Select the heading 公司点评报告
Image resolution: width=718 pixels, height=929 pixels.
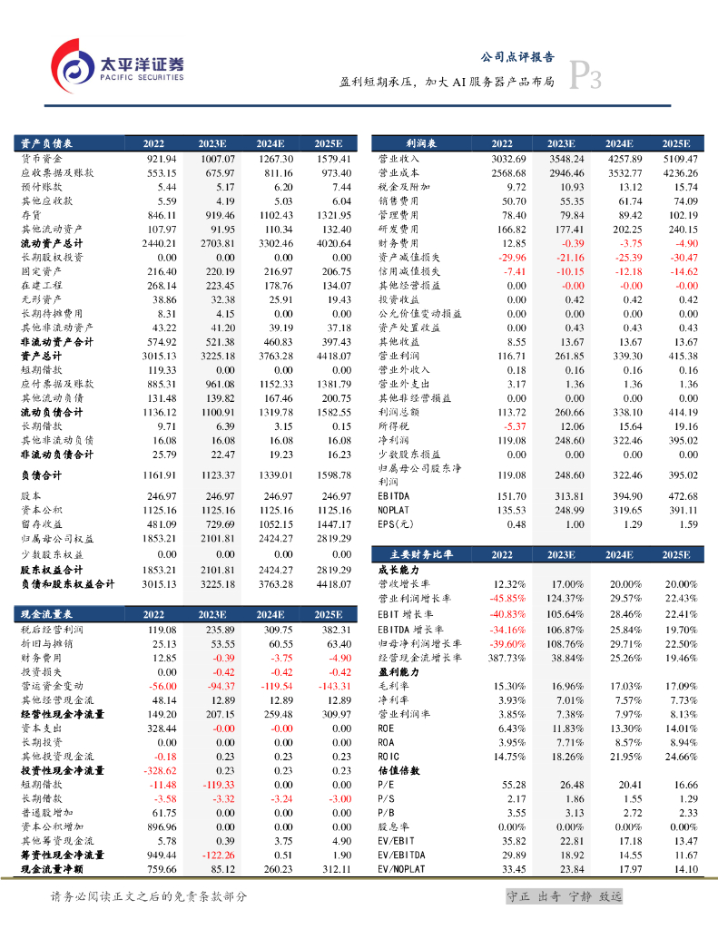point(516,56)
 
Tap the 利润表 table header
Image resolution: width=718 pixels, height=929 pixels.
point(420,143)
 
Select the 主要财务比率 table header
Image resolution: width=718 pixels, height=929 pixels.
point(419,553)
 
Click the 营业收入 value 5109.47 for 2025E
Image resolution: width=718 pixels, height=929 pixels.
point(678,159)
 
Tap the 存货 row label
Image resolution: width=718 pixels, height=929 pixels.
point(30,215)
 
